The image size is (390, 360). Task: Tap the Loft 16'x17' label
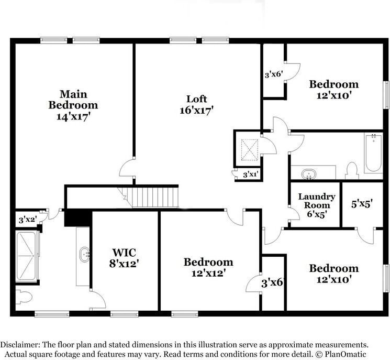point(197,104)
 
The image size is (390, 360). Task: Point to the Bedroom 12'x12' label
point(208,267)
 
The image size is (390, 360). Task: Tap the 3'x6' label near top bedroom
point(273,75)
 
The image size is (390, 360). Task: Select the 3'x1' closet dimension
point(251,174)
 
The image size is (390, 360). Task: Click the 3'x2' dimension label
point(28,220)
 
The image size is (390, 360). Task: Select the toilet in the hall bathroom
point(352,170)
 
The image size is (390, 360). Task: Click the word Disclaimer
point(19,345)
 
